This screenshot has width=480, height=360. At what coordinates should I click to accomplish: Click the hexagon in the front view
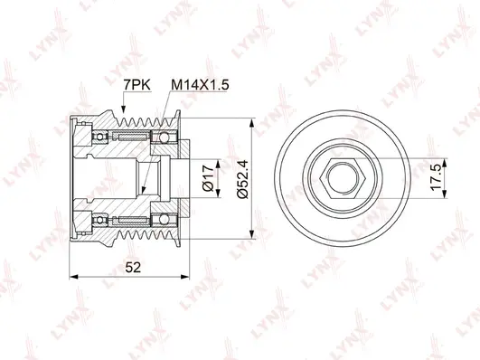[336, 173]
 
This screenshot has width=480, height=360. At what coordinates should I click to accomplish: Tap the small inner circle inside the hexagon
[336, 173]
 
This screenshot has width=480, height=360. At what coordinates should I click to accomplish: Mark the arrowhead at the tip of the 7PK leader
[124, 114]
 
